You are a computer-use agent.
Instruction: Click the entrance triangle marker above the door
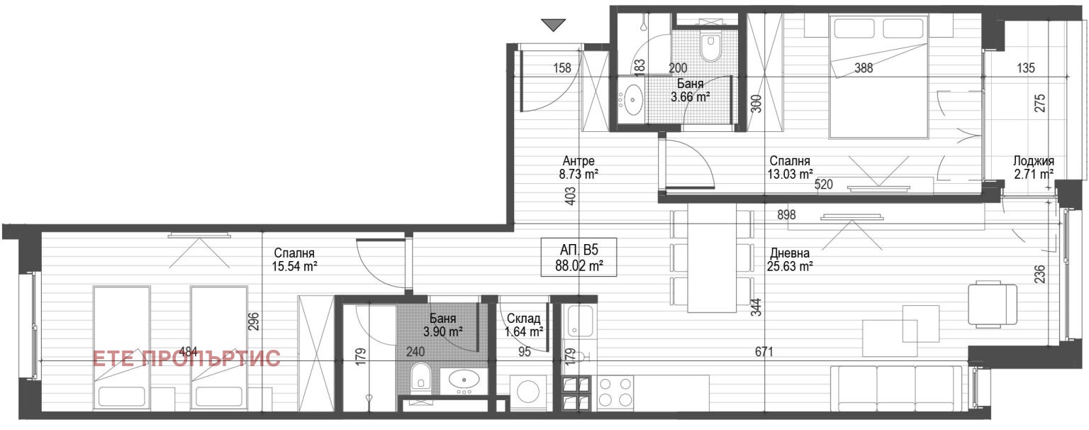tap(553, 25)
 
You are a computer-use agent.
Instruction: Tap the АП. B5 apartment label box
tap(579, 258)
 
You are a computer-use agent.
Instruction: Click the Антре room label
tap(579, 160)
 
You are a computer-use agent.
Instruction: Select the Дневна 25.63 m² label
tap(790, 260)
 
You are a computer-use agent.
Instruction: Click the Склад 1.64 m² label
tap(524, 325)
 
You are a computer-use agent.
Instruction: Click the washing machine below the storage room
tap(527, 392)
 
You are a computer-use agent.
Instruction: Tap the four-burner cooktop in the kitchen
tap(615, 392)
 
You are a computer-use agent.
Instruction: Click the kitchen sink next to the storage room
tap(579, 321)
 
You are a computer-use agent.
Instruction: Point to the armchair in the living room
tap(993, 304)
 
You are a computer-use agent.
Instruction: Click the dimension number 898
tap(786, 214)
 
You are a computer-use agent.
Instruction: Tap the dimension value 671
tap(764, 352)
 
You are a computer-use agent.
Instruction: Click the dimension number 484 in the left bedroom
tap(189, 351)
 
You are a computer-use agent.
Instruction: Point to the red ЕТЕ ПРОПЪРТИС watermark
tap(186, 358)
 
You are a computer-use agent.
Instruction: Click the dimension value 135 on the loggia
tap(1026, 68)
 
